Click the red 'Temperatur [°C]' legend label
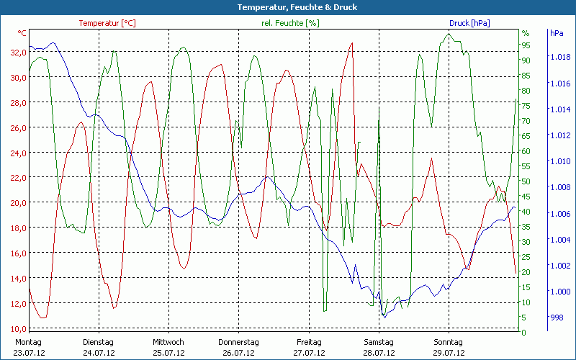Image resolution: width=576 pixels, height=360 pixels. [x=107, y=23]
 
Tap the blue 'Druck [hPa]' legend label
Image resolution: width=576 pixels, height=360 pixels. [x=469, y=23]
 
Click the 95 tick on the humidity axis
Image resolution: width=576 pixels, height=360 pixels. [x=526, y=45]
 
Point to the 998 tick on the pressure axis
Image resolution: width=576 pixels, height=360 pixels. [x=556, y=318]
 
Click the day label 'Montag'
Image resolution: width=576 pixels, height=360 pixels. [x=28, y=342]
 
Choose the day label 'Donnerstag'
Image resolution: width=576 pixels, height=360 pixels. [x=238, y=342]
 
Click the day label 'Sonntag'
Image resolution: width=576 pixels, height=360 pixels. [x=448, y=342]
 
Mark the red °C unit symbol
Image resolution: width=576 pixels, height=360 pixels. [x=22, y=33]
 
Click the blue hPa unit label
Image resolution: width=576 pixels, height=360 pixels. [x=557, y=33]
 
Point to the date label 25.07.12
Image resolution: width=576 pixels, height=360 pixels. [x=168, y=353]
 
